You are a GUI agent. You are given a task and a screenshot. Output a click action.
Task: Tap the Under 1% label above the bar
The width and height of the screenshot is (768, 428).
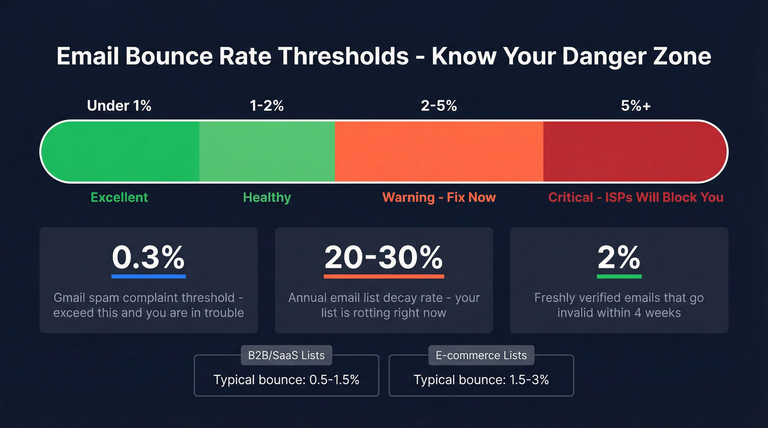click(119, 106)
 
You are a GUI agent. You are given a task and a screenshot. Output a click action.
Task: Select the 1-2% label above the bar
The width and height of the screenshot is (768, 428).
click(267, 106)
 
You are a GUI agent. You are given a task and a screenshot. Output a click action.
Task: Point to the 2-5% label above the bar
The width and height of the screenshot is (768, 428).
click(439, 106)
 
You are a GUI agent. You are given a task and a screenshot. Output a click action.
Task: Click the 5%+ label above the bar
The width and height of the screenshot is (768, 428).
click(636, 106)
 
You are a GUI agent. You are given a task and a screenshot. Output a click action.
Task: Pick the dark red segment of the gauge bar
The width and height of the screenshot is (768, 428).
click(631, 151)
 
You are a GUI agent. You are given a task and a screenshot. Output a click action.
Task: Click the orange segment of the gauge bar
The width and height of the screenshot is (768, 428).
click(439, 151)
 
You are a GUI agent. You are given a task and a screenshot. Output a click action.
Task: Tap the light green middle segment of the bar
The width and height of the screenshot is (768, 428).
click(267, 151)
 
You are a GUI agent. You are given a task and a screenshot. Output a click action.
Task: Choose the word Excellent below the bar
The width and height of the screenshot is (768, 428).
click(119, 197)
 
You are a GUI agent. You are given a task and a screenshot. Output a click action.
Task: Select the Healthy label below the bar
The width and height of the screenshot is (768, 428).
click(267, 197)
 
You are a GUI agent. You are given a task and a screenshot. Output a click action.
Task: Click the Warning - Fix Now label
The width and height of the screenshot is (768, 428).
click(439, 197)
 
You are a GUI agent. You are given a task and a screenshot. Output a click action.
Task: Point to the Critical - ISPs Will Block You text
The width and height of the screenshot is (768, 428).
click(636, 197)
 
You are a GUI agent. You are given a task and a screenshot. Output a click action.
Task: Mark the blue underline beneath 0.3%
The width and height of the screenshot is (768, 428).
click(148, 276)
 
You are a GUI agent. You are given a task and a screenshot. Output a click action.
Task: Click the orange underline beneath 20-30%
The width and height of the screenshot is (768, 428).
click(383, 276)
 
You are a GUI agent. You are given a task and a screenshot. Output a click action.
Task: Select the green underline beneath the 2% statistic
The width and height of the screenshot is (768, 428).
click(619, 276)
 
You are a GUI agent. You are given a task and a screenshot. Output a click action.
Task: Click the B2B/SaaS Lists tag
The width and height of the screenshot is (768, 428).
click(286, 355)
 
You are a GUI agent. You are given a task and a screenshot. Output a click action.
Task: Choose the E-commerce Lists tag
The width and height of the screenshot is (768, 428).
click(481, 355)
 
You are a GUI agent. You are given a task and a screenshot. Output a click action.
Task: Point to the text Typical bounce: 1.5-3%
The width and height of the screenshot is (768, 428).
click(481, 380)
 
